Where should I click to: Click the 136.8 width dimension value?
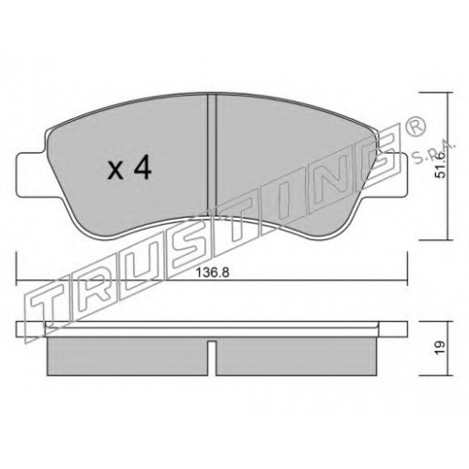[213, 273]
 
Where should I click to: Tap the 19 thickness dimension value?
[440, 348]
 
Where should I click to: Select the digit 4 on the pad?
[143, 168]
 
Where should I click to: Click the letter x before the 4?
[115, 172]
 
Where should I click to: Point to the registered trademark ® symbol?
[416, 127]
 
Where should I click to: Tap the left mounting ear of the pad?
[31, 174]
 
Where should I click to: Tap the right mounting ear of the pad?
[395, 174]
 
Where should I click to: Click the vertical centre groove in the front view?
[212, 156]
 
